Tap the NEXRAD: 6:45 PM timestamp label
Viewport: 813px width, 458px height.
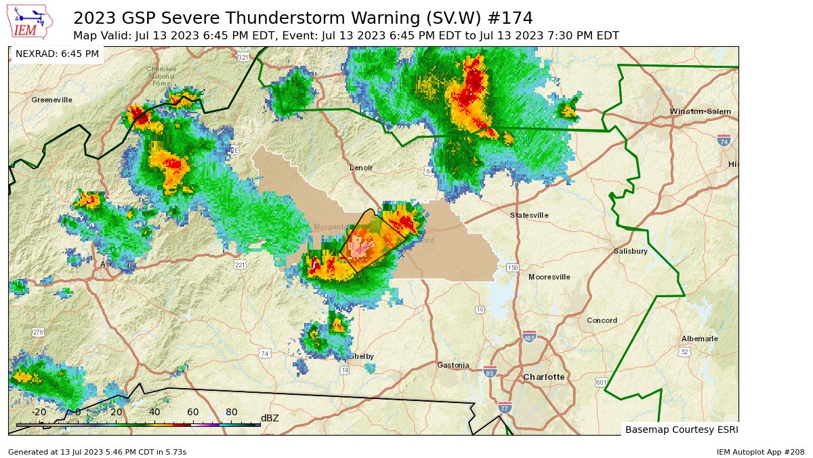[x=57, y=54]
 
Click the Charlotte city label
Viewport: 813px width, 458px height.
[x=543, y=377]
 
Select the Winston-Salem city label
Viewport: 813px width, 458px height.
[x=701, y=111]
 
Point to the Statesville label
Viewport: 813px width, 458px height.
[x=529, y=215]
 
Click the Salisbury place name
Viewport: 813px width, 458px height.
[x=631, y=251]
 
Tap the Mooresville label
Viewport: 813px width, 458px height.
[x=549, y=277]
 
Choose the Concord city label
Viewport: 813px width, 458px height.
[x=602, y=320]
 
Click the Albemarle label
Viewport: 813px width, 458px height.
[x=700, y=339]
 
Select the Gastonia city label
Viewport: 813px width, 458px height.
[x=453, y=365]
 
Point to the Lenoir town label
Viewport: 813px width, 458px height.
[x=361, y=168]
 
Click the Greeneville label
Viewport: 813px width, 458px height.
[x=51, y=100]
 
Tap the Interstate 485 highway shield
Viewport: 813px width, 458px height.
[x=529, y=337]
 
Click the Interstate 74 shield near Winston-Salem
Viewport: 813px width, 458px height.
[x=724, y=140]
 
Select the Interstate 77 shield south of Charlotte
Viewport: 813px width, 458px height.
[x=505, y=407]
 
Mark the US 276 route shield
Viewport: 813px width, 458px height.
[x=38, y=332]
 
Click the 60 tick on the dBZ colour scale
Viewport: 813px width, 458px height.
[x=192, y=412]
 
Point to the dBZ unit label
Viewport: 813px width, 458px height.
[x=270, y=418]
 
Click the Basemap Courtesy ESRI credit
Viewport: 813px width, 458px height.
[x=679, y=430]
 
